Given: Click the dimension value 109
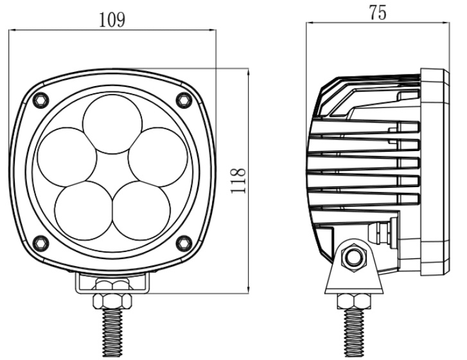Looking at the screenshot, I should click(112, 19).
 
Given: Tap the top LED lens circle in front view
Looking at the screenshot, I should click(114, 123).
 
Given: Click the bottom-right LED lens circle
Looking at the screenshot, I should click(139, 208).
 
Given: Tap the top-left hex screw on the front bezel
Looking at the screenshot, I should click(40, 98).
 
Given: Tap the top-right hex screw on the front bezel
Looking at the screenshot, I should click(184, 98).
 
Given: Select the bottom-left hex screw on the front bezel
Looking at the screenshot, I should click(40, 242).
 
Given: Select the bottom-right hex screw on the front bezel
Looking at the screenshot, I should click(184, 242).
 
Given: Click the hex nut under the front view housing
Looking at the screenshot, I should click(112, 300).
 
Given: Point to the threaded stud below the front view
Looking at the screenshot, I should click(112, 334).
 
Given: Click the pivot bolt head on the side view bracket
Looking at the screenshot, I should click(351, 258).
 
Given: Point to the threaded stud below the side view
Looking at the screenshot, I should click(352, 334).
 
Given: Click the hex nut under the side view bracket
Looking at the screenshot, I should click(352, 300).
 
